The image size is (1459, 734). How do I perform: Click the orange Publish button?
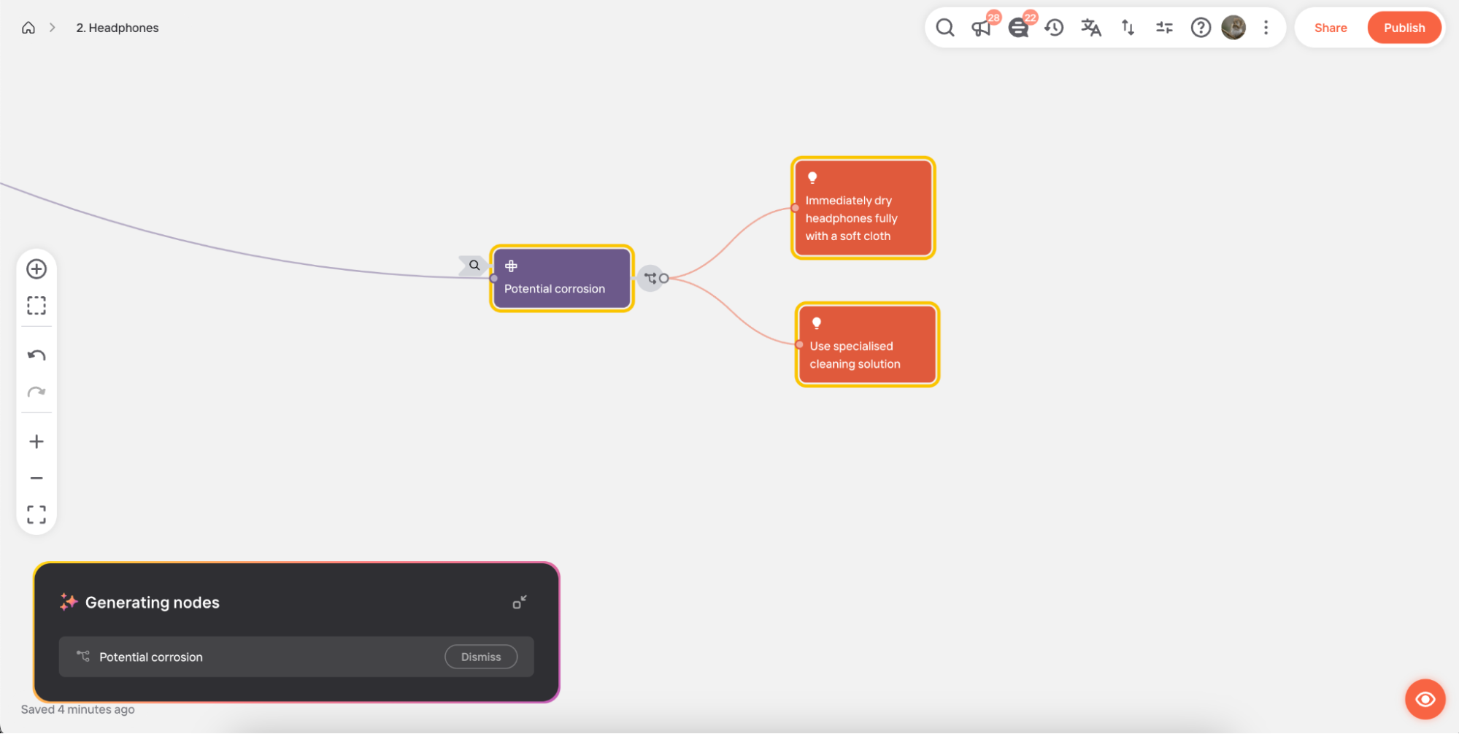point(1404,28)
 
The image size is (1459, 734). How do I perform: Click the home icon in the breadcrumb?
point(28,28)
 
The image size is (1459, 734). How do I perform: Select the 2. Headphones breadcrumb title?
point(118,28)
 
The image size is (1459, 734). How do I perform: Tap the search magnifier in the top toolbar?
point(945,28)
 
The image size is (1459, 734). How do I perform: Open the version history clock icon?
point(1054,28)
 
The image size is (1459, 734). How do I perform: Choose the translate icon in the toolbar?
point(1091,28)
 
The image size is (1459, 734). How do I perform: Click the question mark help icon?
point(1201,28)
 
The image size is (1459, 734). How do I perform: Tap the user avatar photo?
point(1233,28)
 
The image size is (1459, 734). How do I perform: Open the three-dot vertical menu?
point(1266,28)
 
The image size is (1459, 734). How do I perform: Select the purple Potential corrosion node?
point(561,278)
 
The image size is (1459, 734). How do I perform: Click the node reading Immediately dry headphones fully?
point(863,208)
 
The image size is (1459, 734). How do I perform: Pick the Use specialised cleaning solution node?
point(867,344)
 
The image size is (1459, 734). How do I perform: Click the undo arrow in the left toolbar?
point(36,355)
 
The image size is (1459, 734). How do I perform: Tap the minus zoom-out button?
point(36,478)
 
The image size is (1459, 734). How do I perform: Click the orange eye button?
point(1425,700)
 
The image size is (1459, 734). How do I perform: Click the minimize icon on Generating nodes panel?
point(520,602)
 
